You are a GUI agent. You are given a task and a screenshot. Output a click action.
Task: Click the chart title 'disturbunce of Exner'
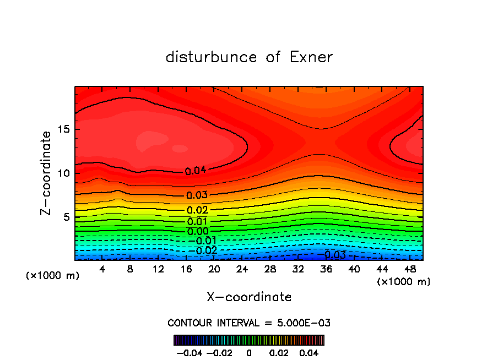pyautogui.click(x=249, y=57)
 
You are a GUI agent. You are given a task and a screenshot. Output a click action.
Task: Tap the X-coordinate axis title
pyautogui.click(x=249, y=297)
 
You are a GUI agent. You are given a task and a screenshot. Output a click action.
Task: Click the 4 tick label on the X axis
pyautogui.click(x=102, y=269)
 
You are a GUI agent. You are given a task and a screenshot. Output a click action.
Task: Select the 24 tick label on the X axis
pyautogui.click(x=242, y=269)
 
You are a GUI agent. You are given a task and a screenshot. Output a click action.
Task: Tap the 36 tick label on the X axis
pyautogui.click(x=326, y=269)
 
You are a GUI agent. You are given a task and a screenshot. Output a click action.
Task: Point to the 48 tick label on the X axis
pyautogui.click(x=409, y=269)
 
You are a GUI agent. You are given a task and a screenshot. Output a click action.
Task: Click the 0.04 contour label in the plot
pyautogui.click(x=196, y=171)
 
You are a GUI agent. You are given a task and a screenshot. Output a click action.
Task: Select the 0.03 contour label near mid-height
pyautogui.click(x=197, y=195)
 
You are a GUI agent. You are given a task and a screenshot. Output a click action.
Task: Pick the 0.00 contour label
pyautogui.click(x=198, y=231)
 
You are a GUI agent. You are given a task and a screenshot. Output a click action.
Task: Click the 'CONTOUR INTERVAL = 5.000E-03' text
pyautogui.click(x=249, y=323)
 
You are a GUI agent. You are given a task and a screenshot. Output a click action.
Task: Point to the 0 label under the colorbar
pyautogui.click(x=249, y=352)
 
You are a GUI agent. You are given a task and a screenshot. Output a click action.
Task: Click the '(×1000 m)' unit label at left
pyautogui.click(x=53, y=276)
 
